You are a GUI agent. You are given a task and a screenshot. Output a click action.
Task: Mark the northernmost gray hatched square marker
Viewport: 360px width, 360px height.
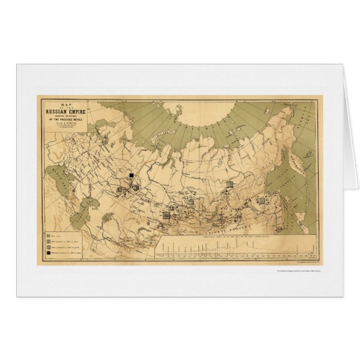[229, 183]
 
